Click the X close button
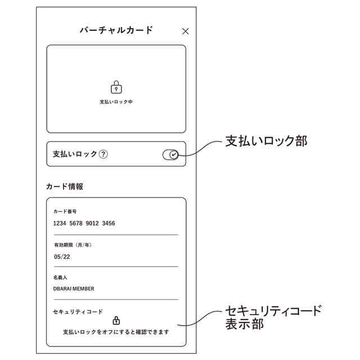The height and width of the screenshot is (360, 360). (186, 31)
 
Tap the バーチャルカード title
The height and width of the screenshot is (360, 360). (116, 30)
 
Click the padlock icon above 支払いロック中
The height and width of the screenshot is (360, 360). (116, 87)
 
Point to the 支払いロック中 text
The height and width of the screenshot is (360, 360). (116, 102)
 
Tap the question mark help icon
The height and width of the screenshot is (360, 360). (103, 154)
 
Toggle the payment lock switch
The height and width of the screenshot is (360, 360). (170, 155)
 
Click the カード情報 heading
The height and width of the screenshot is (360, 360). (65, 186)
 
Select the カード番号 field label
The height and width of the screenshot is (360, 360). (65, 212)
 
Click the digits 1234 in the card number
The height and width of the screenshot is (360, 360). (60, 223)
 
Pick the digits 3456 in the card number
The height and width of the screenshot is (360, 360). (109, 223)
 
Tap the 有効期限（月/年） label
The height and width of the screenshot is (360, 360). (73, 245)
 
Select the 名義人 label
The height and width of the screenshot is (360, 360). (61, 277)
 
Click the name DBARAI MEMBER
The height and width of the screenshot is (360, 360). (74, 289)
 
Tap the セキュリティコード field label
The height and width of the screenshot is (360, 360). (78, 311)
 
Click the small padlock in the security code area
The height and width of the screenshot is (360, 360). (116, 321)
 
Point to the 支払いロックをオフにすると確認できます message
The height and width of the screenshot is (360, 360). (116, 332)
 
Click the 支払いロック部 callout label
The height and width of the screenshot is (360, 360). (266, 141)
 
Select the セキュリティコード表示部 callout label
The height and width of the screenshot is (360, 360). (273, 317)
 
